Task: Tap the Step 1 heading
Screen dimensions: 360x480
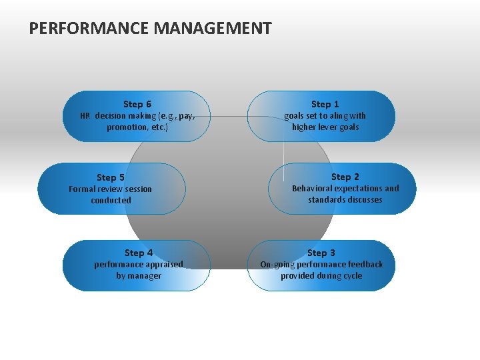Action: pyautogui.click(x=325, y=104)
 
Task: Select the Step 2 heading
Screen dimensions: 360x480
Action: pyautogui.click(x=345, y=177)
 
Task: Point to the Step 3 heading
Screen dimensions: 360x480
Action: pyautogui.click(x=321, y=253)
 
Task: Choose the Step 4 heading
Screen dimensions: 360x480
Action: pyautogui.click(x=139, y=253)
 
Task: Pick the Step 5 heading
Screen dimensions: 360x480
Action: pyautogui.click(x=111, y=177)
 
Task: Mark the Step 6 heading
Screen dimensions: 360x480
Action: pyautogui.click(x=137, y=104)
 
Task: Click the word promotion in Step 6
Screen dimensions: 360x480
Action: pyautogui.click(x=125, y=127)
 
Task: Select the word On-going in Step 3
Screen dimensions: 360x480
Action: pyautogui.click(x=275, y=265)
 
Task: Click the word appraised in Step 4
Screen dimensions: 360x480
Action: pyautogui.click(x=161, y=265)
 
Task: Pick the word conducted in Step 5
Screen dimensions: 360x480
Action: pyautogui.click(x=111, y=201)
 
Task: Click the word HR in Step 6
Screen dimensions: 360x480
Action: pyautogui.click(x=85, y=115)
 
